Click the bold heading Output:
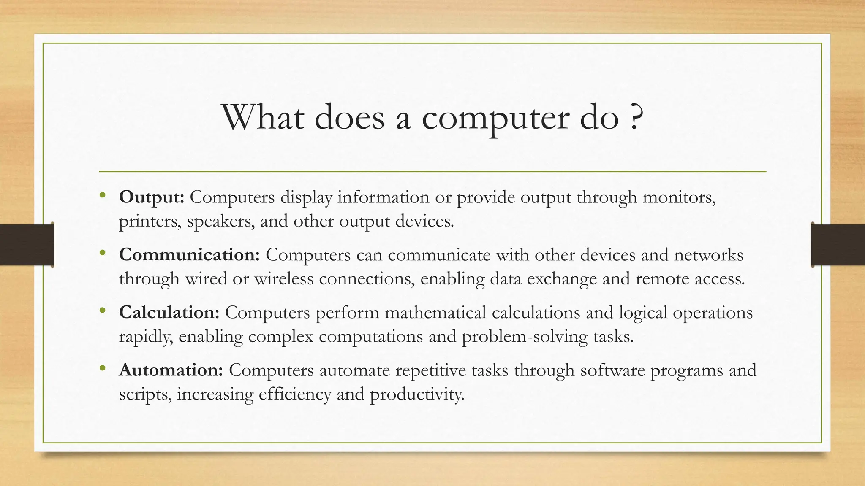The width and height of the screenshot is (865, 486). pos(151,197)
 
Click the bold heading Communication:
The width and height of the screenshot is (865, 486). pos(189,255)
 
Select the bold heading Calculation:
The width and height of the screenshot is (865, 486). pos(169,313)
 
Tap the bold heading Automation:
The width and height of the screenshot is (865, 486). pos(171,370)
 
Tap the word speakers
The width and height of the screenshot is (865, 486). pos(220,221)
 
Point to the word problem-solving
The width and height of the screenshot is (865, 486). pos(525,337)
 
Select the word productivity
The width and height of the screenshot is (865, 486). pos(417,394)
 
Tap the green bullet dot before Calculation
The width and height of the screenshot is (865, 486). pos(102,311)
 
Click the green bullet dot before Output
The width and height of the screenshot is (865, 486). pos(102,196)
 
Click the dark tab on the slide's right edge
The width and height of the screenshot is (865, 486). pos(838,244)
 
